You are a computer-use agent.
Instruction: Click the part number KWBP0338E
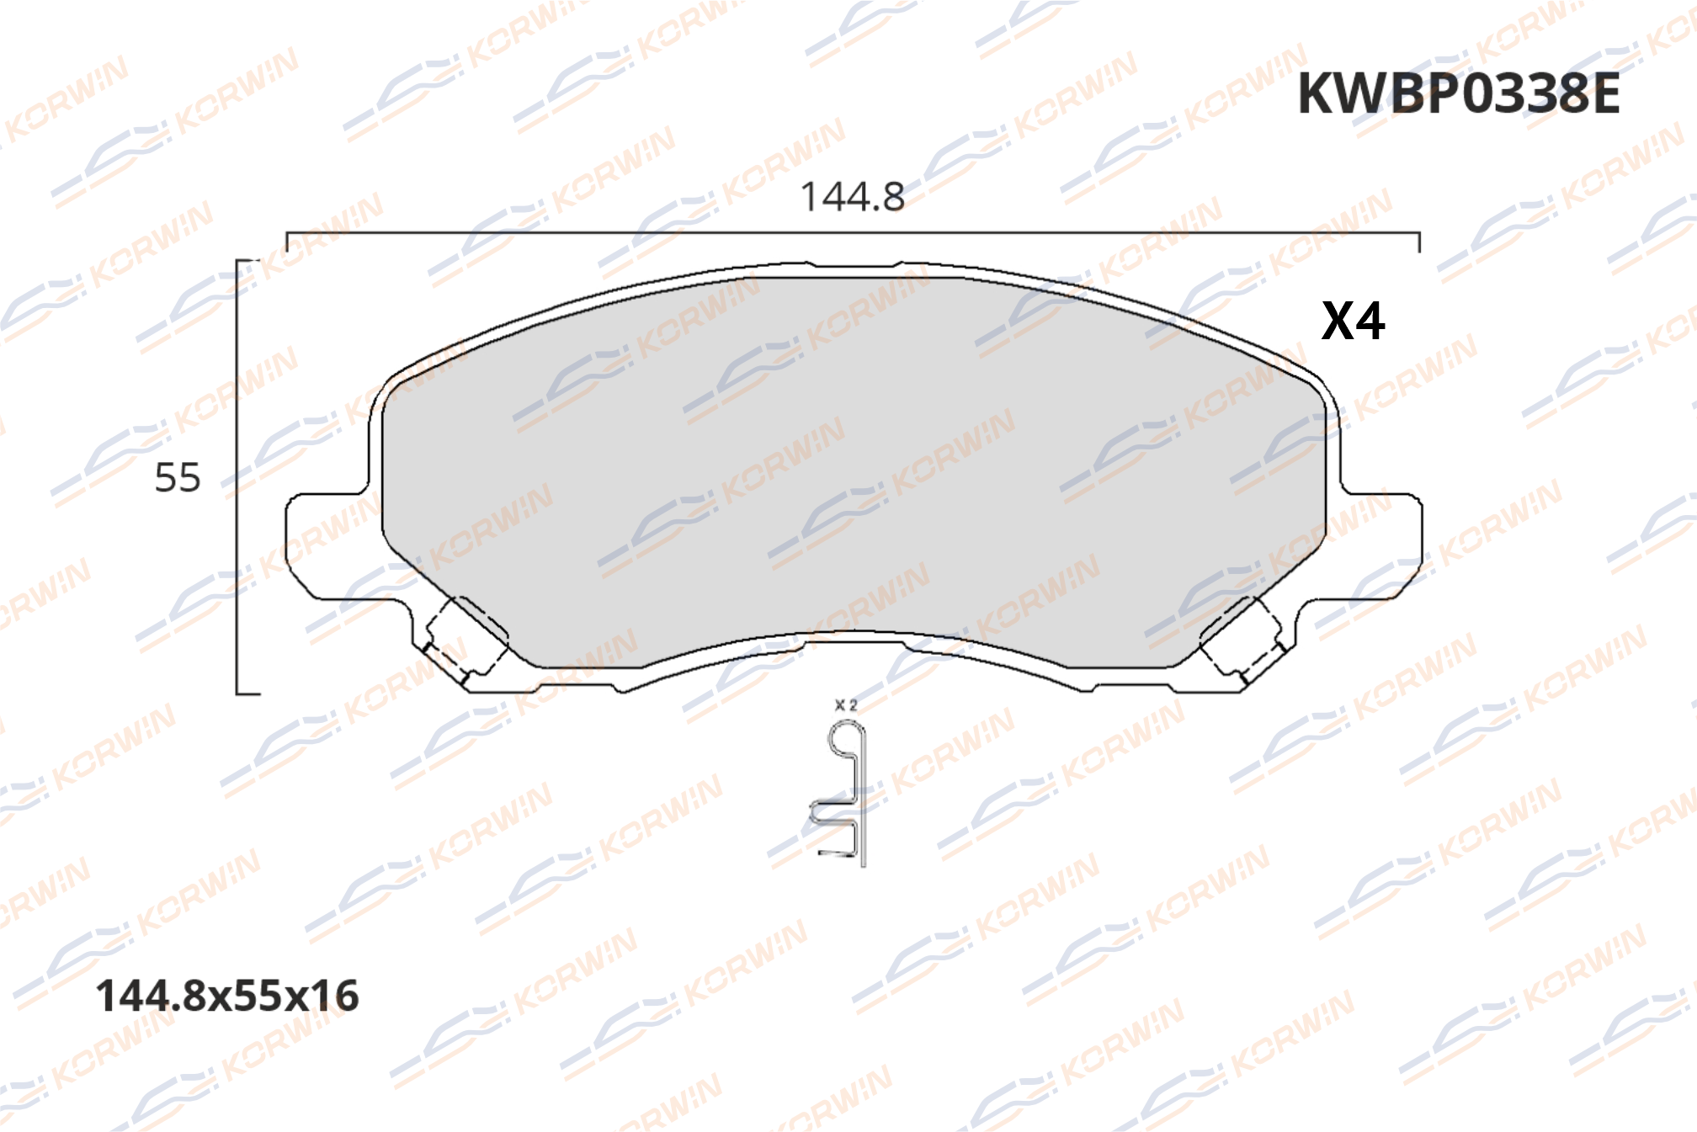pyautogui.click(x=1458, y=93)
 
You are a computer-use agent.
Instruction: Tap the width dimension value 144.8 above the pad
pyautogui.click(x=852, y=198)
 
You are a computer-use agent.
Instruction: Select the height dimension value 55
pyautogui.click(x=178, y=478)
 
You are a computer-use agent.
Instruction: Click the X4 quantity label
pyautogui.click(x=1353, y=321)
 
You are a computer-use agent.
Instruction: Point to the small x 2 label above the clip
pyautogui.click(x=845, y=705)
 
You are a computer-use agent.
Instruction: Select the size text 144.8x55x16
pyautogui.click(x=227, y=996)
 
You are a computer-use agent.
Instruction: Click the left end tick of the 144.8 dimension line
pyautogui.click(x=287, y=242)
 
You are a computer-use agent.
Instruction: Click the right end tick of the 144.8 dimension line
pyautogui.click(x=1419, y=242)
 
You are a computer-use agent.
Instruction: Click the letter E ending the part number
pyautogui.click(x=1601, y=93)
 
